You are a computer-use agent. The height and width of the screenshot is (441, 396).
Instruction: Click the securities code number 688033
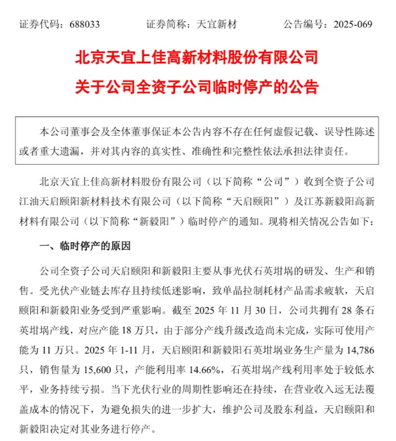pos(85,25)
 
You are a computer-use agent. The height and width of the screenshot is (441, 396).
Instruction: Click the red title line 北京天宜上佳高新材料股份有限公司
pos(197,58)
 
